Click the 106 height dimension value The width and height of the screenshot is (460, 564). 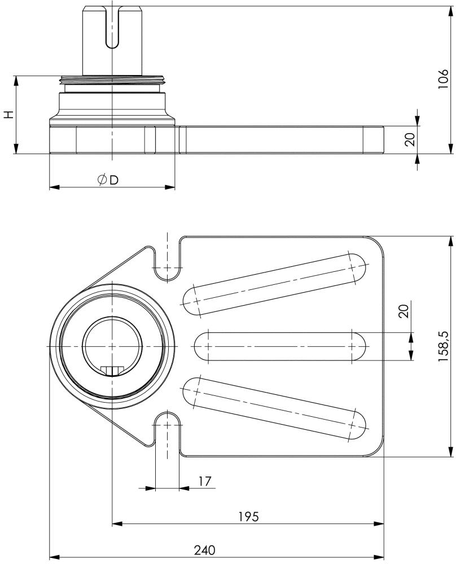[x=443, y=79]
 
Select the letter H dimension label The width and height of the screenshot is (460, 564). [x=8, y=114]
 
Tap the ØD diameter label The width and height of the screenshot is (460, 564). [x=108, y=180]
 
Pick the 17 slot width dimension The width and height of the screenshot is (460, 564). [x=205, y=481]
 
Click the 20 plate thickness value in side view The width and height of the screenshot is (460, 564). [x=410, y=139]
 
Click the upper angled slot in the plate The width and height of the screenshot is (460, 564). [x=274, y=284]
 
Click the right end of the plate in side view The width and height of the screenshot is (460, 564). [x=374, y=140]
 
